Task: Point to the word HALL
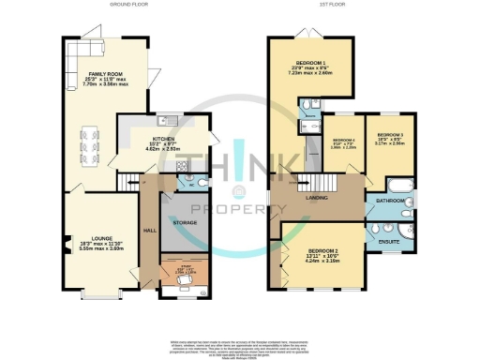coord(148,229)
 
